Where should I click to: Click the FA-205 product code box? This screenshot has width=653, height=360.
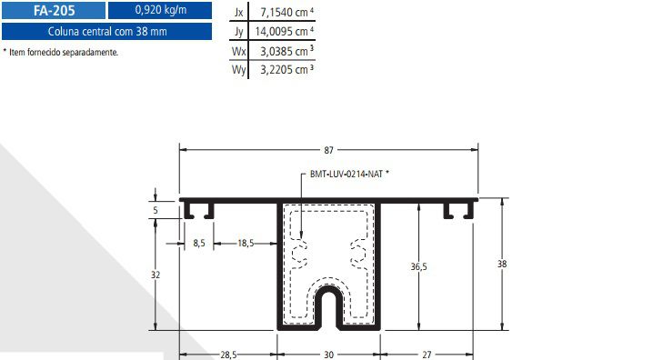click(x=52, y=11)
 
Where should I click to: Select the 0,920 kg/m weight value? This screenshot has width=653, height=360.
click(x=159, y=11)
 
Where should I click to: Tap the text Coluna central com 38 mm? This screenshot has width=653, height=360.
click(x=106, y=32)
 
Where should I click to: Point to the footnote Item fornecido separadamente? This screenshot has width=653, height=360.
click(x=62, y=52)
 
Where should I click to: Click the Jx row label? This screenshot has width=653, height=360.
click(x=239, y=13)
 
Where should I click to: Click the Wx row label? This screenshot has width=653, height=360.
click(x=239, y=50)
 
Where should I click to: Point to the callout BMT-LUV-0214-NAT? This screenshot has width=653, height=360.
click(x=342, y=173)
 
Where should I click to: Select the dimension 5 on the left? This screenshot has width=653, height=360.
click(x=156, y=210)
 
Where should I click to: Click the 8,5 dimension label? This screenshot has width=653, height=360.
click(x=200, y=243)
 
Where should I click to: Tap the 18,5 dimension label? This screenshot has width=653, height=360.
click(x=246, y=243)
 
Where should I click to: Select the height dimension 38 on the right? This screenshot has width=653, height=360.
click(x=502, y=264)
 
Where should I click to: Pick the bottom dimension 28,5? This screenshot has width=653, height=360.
click(x=227, y=355)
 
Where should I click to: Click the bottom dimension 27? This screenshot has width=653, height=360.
click(x=427, y=355)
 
